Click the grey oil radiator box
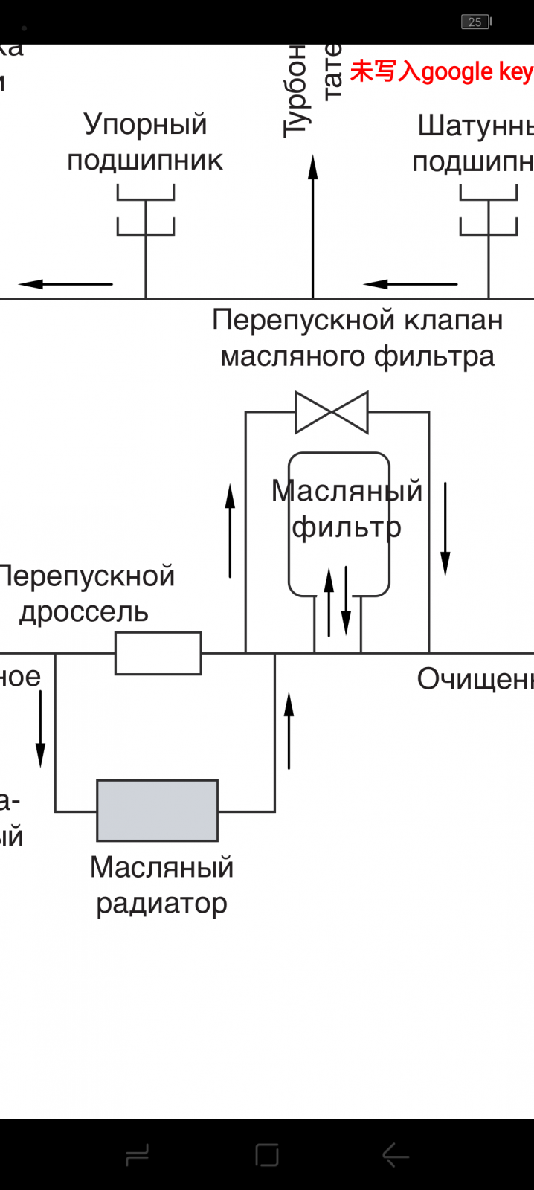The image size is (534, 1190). [x=157, y=810]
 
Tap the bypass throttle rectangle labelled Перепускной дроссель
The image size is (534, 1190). [x=158, y=653]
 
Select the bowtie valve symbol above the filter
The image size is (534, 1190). [x=332, y=412]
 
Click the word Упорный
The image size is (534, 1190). [x=145, y=124]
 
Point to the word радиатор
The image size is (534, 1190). [x=161, y=904]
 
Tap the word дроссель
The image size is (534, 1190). [x=84, y=612]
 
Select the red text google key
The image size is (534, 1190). [x=476, y=72]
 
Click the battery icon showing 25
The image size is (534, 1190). [x=475, y=22]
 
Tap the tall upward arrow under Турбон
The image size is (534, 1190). [x=313, y=223]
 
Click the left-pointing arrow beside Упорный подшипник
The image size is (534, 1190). [x=65, y=283]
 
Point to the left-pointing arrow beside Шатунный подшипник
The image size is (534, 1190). [x=410, y=283]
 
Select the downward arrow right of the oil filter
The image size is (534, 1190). [x=445, y=528]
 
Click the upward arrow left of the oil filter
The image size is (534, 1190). [x=231, y=530]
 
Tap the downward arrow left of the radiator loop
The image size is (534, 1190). [x=41, y=728]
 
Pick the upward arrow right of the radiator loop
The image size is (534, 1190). [x=289, y=729]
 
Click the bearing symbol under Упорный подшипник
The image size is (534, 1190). [x=146, y=212]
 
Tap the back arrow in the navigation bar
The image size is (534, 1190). [x=395, y=1155]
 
